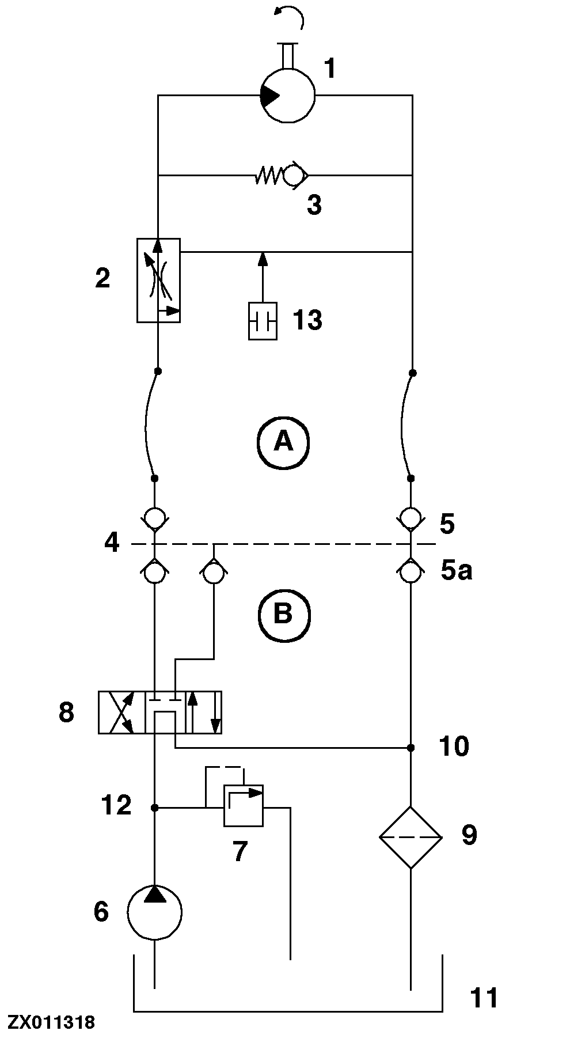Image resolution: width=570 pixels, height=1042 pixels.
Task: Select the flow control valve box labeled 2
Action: pos(158,280)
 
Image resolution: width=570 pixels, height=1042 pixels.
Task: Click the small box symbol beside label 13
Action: pos(263,321)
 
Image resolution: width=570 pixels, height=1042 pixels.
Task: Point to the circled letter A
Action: pos(283,442)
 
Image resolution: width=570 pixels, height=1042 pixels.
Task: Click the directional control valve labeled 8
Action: pos(159,712)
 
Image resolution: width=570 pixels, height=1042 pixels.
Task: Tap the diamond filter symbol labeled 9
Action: pos(411,837)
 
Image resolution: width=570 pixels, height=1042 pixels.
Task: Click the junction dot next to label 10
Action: pos(411,748)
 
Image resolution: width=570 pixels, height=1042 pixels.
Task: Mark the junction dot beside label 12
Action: pos(154,808)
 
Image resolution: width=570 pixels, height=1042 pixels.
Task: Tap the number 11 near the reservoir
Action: pos(484,997)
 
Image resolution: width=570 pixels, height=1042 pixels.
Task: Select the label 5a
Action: pos(457,571)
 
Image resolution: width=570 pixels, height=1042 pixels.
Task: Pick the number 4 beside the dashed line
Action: pos(112,543)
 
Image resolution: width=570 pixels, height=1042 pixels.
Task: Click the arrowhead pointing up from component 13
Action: pos(263,257)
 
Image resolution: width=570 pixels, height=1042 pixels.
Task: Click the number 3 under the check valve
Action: pos(314,205)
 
